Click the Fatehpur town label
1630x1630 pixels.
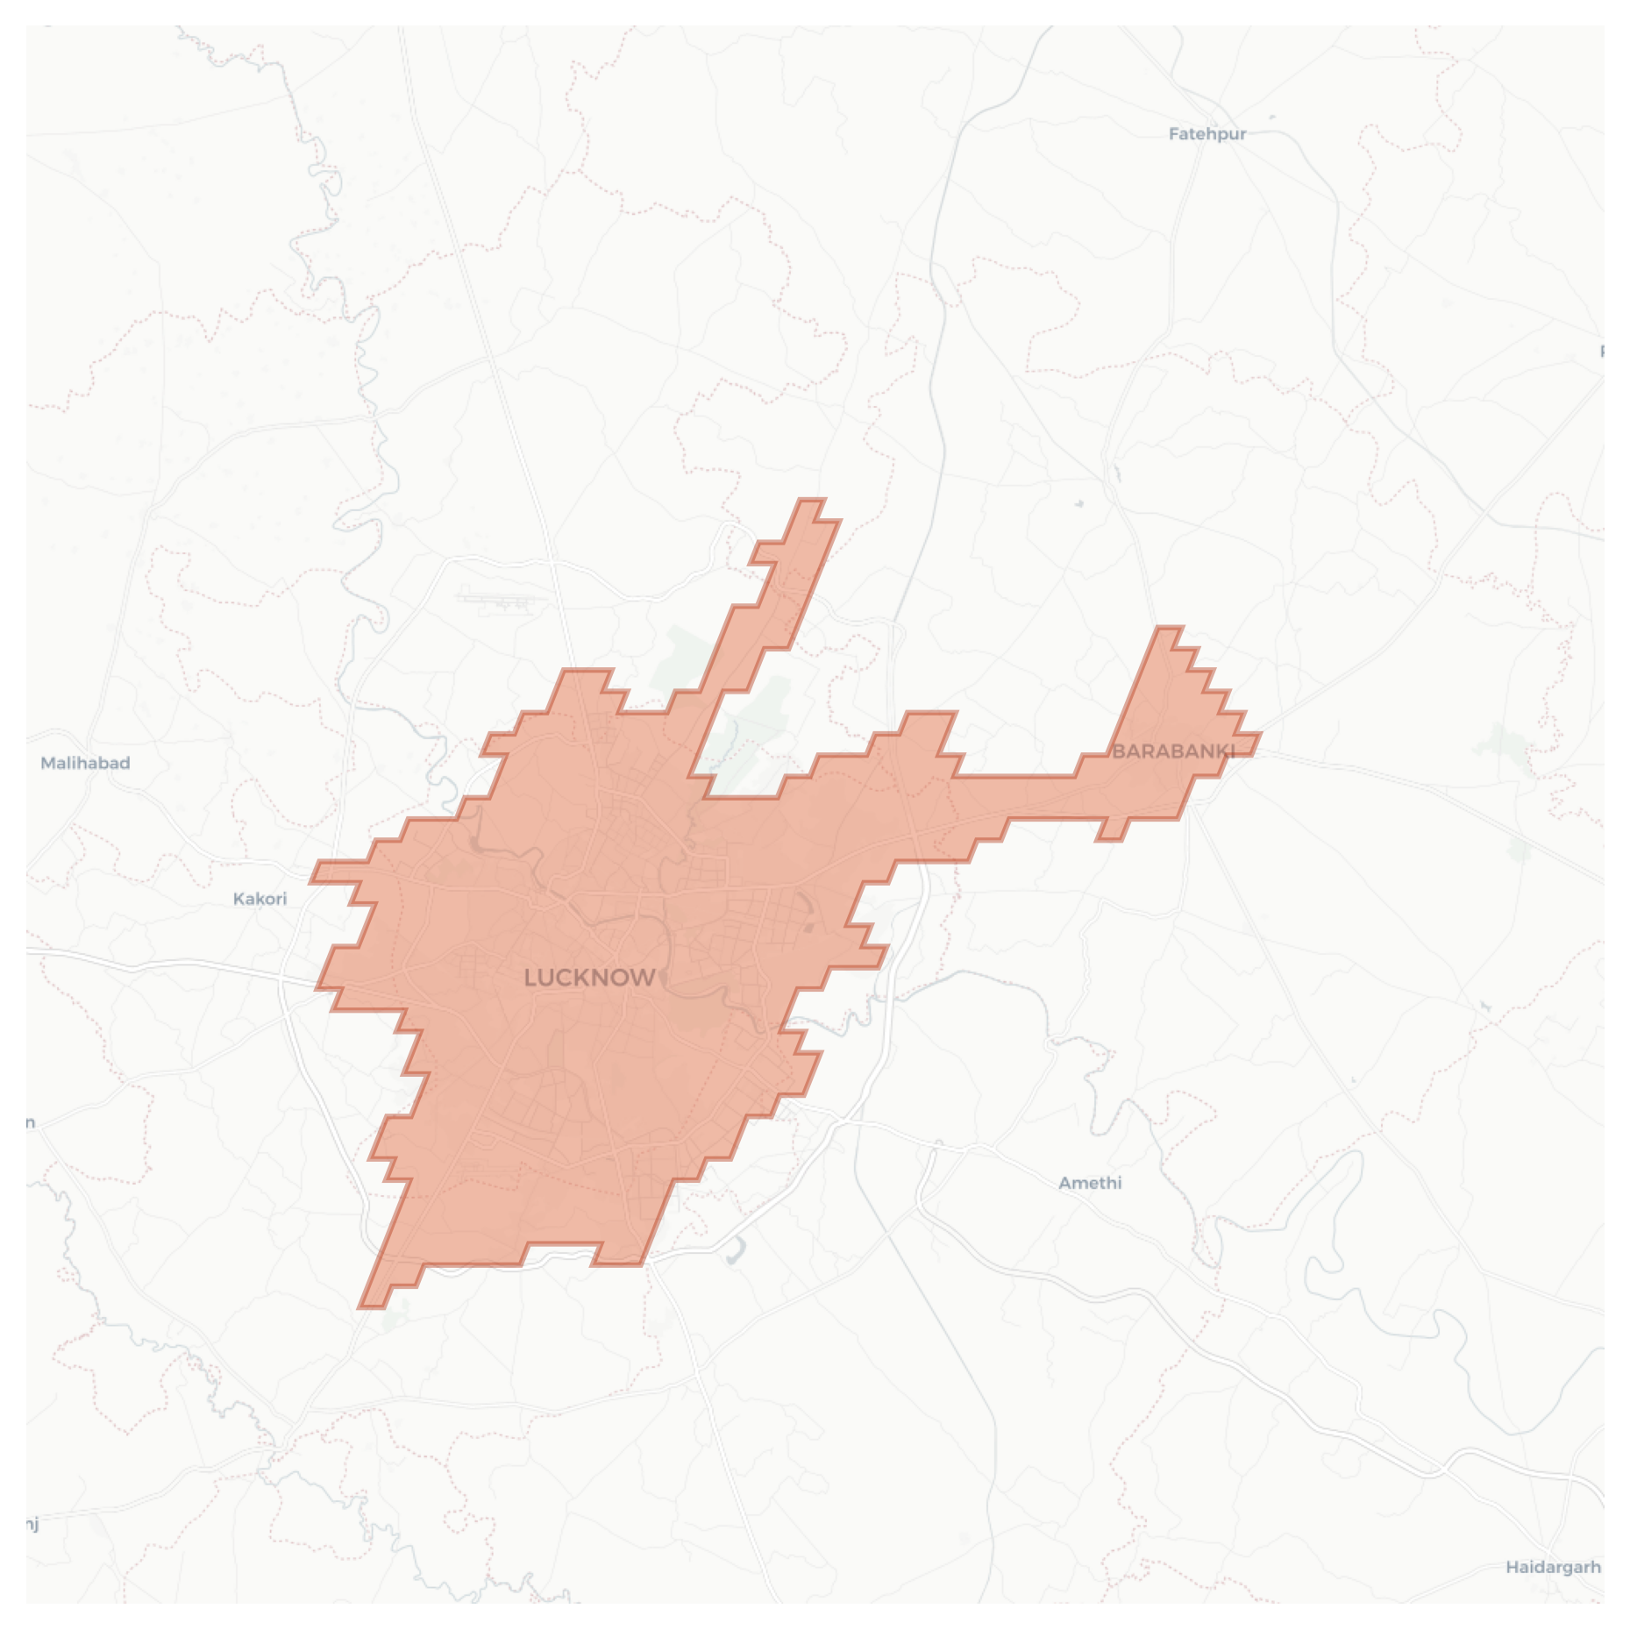tap(1206, 134)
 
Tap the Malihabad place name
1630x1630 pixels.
tap(85, 763)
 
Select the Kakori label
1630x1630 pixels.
tap(260, 899)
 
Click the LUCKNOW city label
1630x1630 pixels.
tap(589, 978)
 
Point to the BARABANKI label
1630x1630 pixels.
tap(1173, 751)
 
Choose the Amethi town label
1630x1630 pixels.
tap(1090, 1183)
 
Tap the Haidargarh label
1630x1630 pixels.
tap(1553, 1567)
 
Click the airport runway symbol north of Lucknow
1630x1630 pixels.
tap(497, 601)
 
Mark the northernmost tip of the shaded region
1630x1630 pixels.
tap(812, 502)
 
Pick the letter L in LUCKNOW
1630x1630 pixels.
tap(530, 978)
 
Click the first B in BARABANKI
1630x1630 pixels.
tap(1118, 751)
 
